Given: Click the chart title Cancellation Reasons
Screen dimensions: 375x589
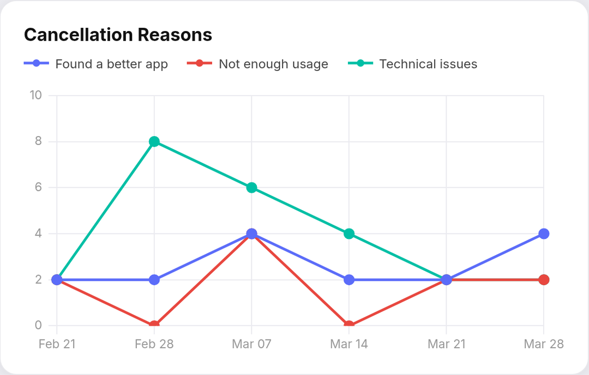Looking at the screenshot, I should [118, 35].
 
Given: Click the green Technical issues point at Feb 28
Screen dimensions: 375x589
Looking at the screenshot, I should [154, 142].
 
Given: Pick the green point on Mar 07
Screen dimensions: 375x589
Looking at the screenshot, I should [251, 188].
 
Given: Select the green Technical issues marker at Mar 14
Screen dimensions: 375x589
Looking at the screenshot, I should [349, 234].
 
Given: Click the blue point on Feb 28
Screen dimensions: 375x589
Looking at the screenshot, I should [154, 280].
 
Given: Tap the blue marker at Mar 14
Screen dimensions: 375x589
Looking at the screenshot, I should [349, 280].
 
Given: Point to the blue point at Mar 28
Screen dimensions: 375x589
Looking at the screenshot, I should [544, 234].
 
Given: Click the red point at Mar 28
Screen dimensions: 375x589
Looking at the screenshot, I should [544, 280].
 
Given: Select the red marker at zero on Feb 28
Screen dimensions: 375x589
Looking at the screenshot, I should [154, 325].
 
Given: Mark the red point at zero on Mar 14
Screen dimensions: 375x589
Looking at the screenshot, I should [349, 325].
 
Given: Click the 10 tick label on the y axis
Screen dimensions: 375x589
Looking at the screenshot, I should [35, 95].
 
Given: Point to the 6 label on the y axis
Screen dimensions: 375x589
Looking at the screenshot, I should [38, 188].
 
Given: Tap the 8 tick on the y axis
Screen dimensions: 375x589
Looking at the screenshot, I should [38, 142].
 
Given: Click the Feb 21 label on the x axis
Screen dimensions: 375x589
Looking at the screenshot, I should [57, 344].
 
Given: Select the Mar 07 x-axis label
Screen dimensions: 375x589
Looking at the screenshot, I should [251, 344].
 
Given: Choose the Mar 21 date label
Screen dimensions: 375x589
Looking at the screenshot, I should [447, 344].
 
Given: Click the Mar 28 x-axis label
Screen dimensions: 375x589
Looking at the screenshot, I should [543, 344].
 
